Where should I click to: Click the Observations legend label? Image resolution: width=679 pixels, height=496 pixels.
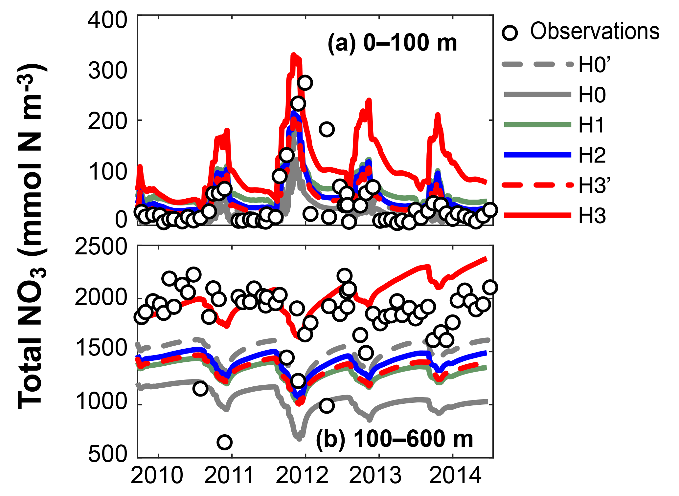(x=595, y=32)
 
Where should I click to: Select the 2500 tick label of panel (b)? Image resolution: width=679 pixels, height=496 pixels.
(x=101, y=247)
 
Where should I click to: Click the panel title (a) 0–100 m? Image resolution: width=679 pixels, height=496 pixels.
(x=392, y=43)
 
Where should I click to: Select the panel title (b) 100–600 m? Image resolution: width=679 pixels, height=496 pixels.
(x=394, y=439)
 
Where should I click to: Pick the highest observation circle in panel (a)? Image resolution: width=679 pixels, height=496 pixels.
(x=305, y=83)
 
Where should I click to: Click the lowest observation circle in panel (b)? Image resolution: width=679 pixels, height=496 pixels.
(x=224, y=442)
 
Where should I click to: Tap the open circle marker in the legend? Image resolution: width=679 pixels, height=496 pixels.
(x=510, y=33)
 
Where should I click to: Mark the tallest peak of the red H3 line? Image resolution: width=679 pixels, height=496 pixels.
(x=294, y=55)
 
